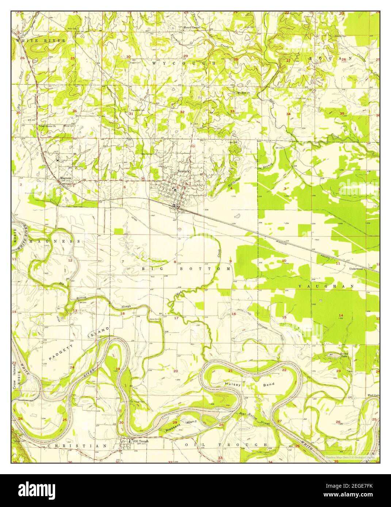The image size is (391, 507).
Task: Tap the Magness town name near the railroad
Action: pyautogui.click(x=66, y=178)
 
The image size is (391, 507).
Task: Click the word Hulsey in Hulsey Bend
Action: pyautogui.click(x=233, y=384)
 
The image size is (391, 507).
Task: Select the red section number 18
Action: pyautogui.click(x=123, y=314)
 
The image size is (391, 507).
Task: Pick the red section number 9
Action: pyautogui.click(x=230, y=261)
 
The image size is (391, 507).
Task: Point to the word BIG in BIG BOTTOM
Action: pyautogui.click(x=150, y=268)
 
